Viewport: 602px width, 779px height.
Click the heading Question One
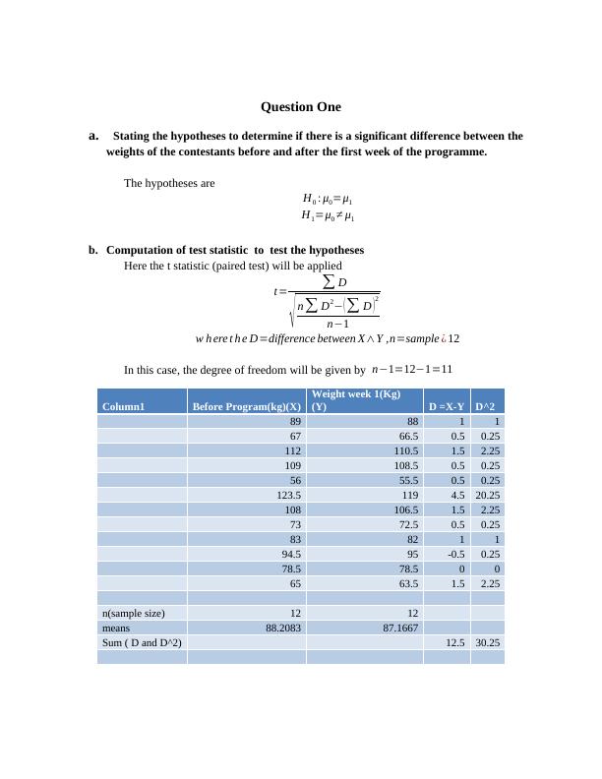[x=300, y=106]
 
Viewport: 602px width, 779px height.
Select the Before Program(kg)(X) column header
[x=246, y=406]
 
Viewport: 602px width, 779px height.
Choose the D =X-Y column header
[x=446, y=406]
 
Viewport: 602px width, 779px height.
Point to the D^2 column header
[x=486, y=406]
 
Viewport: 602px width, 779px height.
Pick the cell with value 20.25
[x=487, y=496]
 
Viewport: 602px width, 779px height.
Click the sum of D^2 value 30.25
[x=486, y=642]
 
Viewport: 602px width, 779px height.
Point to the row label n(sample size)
[x=133, y=613]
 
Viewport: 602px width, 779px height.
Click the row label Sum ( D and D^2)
[x=142, y=642]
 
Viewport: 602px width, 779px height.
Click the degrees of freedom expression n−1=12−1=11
[x=412, y=370]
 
